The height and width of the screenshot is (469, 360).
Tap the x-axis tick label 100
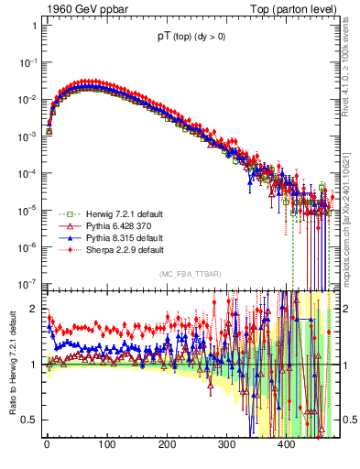click(x=106, y=445)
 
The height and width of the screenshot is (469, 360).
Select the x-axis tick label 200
click(x=167, y=445)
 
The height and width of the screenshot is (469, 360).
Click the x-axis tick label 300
click(x=226, y=445)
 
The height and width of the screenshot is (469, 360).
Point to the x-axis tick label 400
click(x=286, y=445)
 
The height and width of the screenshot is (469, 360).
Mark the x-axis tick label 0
click(x=47, y=445)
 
